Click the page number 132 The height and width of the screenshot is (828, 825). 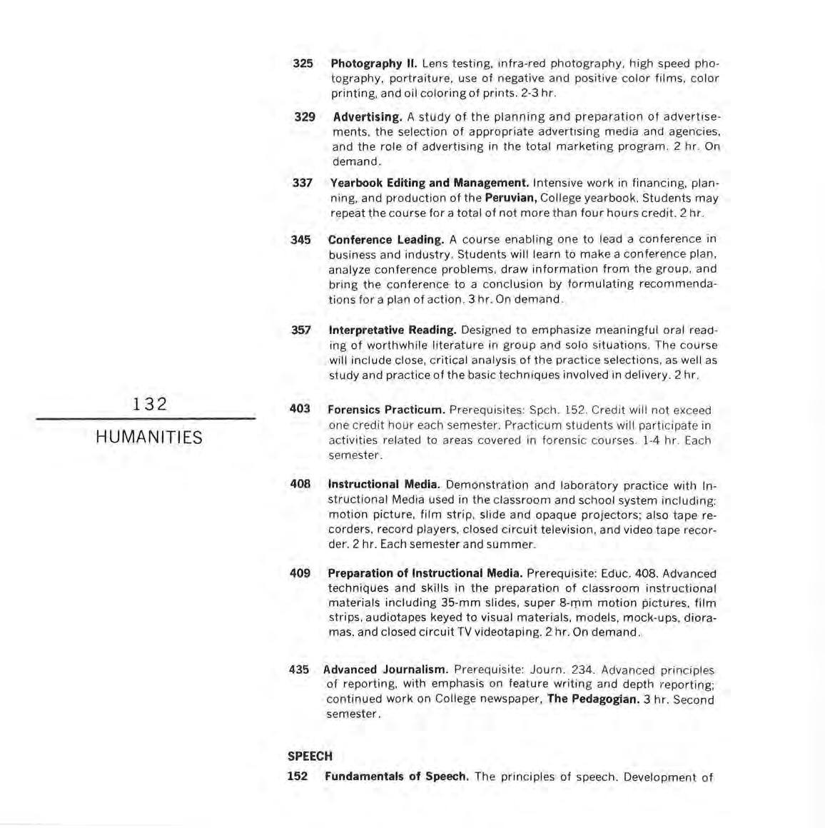pos(149,404)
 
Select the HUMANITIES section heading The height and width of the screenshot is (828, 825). pos(149,437)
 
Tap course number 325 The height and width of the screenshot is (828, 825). pos(303,64)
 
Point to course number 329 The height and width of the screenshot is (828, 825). pos(305,116)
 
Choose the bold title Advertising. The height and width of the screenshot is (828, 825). pos(368,116)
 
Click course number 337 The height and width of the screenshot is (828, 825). pos(303,183)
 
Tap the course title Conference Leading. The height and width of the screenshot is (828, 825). pos(386,239)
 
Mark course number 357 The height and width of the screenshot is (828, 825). pos(301,330)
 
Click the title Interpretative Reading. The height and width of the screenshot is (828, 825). pos(393,330)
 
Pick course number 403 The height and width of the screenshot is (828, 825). pos(300,409)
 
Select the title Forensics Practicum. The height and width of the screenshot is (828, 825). pos(386,410)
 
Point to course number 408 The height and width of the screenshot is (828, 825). pos(300,484)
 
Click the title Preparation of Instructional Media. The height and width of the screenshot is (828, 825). pos(425,573)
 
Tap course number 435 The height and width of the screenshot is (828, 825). pos(299,670)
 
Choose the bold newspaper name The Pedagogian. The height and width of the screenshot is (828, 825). pos(593,699)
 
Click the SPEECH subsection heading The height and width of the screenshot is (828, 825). pos(310,756)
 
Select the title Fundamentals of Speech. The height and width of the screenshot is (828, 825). pos(396,777)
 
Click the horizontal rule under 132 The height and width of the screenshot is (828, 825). pos(146,419)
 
